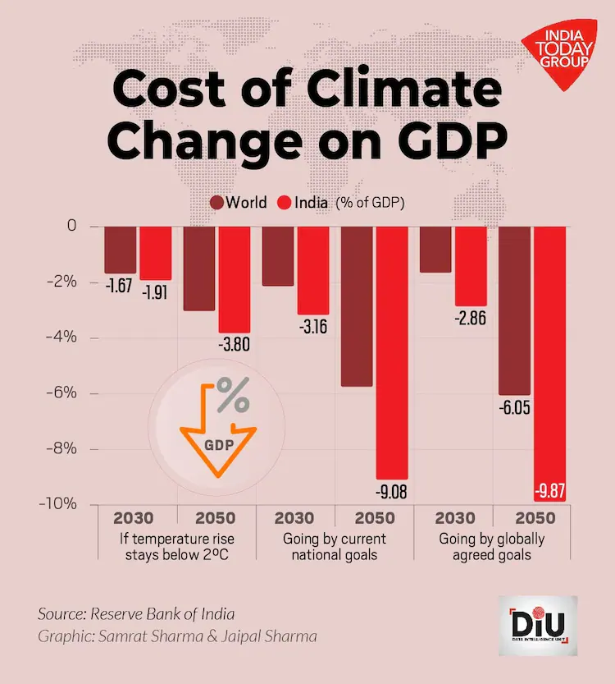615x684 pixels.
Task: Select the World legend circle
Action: point(217,202)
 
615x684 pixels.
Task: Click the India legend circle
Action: point(286,202)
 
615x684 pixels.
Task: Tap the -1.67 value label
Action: point(120,287)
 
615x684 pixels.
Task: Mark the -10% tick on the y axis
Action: point(65,503)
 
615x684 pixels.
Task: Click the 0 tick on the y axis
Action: point(71,225)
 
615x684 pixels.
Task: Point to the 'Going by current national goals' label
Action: point(334,547)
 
